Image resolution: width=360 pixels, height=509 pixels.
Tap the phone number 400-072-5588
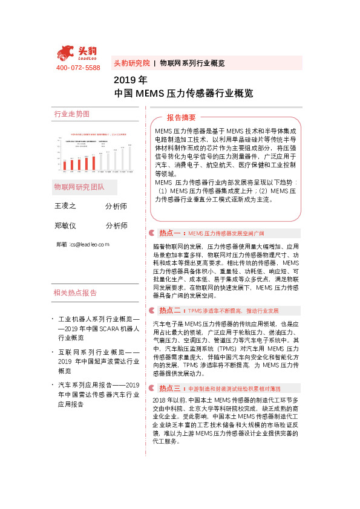78,68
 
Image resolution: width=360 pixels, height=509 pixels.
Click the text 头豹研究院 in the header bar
132,63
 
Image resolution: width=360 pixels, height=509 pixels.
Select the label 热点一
170,233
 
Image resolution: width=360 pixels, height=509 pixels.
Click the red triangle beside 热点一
151,233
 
